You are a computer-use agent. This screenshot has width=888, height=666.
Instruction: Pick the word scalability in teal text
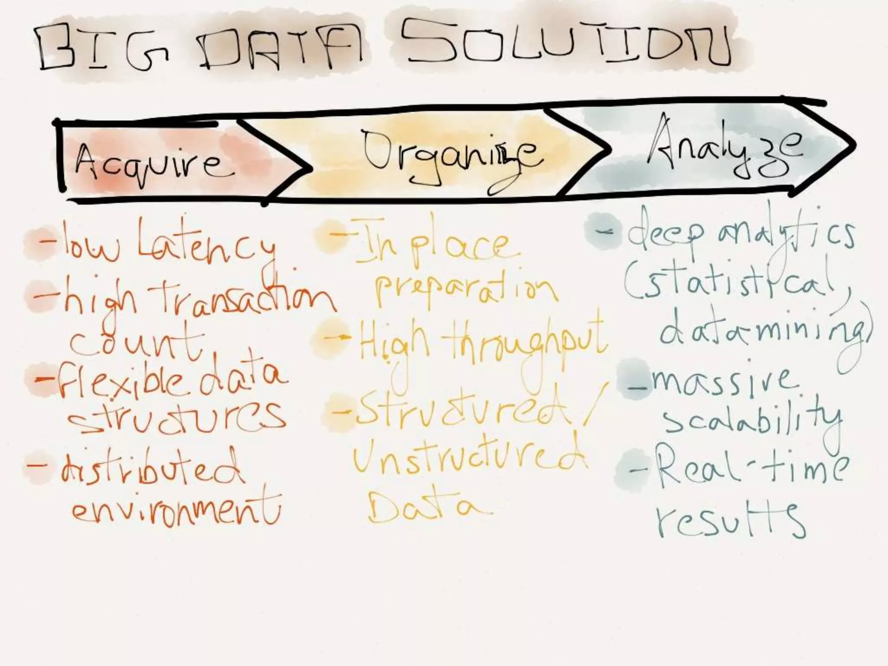point(752,420)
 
